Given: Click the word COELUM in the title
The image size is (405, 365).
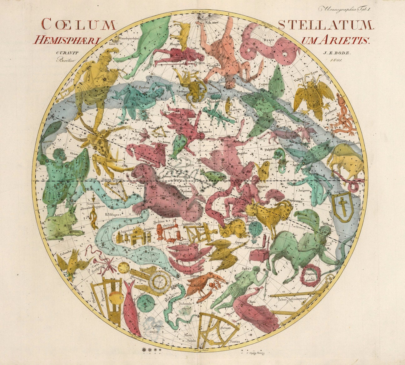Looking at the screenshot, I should (78, 25).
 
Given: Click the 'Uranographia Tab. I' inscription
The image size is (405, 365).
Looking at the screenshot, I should (344, 9).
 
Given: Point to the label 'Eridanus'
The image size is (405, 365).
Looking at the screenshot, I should (113, 215).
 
